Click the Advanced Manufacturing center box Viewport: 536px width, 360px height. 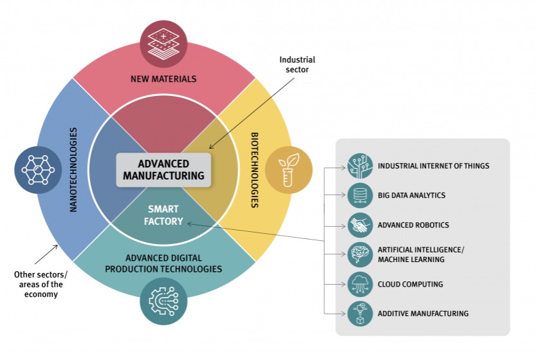pyautogui.click(x=163, y=169)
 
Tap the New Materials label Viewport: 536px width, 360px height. pyautogui.click(x=163, y=79)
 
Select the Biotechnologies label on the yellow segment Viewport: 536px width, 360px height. pyautogui.click(x=254, y=169)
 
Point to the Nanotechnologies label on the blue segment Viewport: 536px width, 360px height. pyautogui.click(x=73, y=170)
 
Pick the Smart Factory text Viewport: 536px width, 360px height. pyautogui.click(x=163, y=215)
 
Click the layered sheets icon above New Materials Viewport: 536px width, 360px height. pyautogui.click(x=163, y=44)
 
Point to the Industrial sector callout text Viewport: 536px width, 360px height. pyautogui.click(x=297, y=65)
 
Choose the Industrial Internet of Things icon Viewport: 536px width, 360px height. pyautogui.click(x=360, y=166)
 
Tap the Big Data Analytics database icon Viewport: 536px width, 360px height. pyautogui.click(x=360, y=195)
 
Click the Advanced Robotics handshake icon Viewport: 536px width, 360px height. pyautogui.click(x=360, y=225)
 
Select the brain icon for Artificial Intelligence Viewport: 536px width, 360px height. pyautogui.click(x=360, y=254)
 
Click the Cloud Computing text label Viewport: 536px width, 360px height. pyautogui.click(x=411, y=284)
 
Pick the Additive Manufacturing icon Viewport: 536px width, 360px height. pyautogui.click(x=360, y=314)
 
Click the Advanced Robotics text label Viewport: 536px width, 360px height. pyautogui.click(x=414, y=225)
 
